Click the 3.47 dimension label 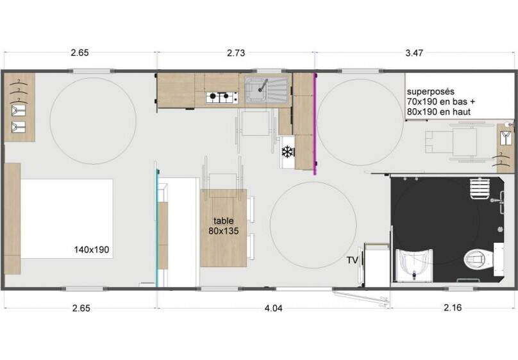(x=414, y=53)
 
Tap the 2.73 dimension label (x=236, y=53)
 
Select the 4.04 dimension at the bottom (x=274, y=308)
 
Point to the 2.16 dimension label (x=453, y=307)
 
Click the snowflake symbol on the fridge (x=288, y=151)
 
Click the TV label (x=352, y=260)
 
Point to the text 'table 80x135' (x=224, y=226)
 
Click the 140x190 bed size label (x=92, y=249)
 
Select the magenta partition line (x=315, y=124)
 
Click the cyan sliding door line (x=158, y=227)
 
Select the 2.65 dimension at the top (x=79, y=53)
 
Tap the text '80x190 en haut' (x=439, y=112)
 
